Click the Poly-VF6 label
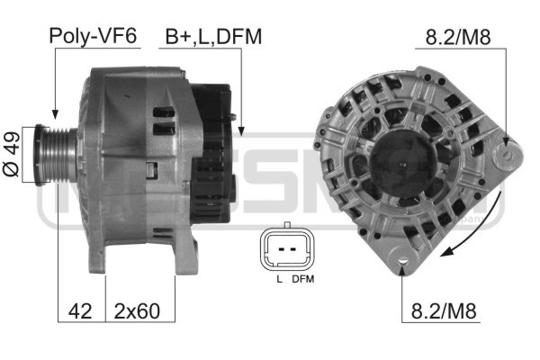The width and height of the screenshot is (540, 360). pos(93,35)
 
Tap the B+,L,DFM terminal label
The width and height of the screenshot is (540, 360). pos(213,37)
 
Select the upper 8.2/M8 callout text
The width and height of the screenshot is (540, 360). pos(458,37)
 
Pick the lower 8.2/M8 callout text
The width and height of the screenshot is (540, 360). pos(444,310)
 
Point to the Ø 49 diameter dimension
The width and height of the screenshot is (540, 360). pos(12,154)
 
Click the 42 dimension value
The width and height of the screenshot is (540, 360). pos(80,311)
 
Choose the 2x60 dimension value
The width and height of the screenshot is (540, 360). pos(137,311)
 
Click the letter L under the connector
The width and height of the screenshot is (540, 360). pos(279,279)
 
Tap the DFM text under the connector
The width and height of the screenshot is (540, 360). pos(303,279)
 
